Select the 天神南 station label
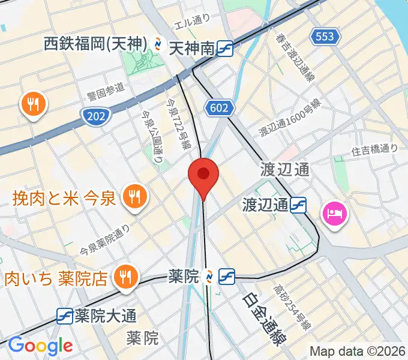191,48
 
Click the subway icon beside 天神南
226,48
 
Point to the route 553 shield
325,37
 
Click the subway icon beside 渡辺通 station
298,205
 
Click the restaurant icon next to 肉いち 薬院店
125,277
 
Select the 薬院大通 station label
106,315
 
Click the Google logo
40,346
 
